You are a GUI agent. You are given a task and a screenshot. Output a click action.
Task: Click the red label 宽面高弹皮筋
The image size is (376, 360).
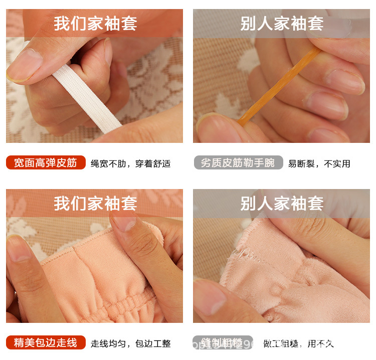tap(46, 163)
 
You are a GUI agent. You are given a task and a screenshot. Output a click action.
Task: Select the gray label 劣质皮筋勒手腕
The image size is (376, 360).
tap(238, 163)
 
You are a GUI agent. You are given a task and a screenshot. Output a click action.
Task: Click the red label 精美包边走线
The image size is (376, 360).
tap(46, 343)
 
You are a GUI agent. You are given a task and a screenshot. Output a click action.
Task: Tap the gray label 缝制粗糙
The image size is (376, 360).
tap(223, 343)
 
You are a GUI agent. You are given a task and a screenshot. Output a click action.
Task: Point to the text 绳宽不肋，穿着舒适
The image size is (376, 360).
tap(131, 163)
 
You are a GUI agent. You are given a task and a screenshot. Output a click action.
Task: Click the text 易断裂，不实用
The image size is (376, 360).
tap(319, 163)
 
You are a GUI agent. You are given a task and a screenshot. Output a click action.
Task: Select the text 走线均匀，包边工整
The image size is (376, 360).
tap(131, 343)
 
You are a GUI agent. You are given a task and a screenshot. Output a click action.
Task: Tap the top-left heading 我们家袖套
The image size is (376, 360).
tap(95, 24)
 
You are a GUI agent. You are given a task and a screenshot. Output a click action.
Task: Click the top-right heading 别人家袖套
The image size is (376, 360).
tap(282, 24)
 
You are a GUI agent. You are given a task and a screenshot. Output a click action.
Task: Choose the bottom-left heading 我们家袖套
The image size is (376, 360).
tap(95, 204)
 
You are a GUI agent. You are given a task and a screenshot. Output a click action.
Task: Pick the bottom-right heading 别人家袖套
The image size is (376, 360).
tap(282, 204)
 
